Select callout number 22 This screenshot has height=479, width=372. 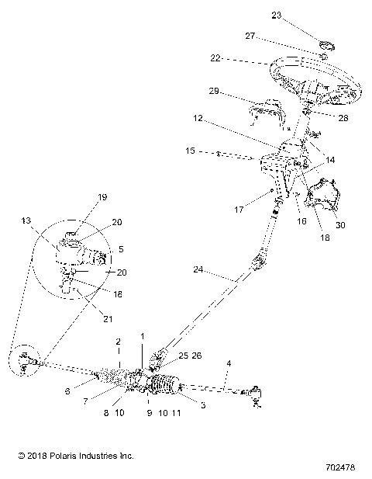(x=215, y=58)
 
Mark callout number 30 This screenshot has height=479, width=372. (x=338, y=224)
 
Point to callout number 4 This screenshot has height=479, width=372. (x=228, y=362)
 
